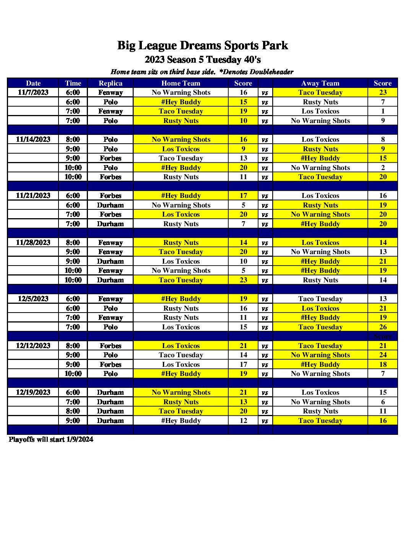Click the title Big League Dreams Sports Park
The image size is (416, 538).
[x=203, y=45]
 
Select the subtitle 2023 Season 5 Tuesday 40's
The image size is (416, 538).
[x=203, y=60]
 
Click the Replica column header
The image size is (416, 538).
[x=110, y=83]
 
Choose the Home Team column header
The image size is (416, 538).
[x=181, y=83]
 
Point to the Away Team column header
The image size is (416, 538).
[x=320, y=83]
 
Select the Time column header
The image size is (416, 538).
[x=73, y=83]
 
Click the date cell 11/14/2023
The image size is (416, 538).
[x=33, y=139]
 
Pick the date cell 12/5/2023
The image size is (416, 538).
[x=33, y=299]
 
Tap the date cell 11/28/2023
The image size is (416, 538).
[x=33, y=243]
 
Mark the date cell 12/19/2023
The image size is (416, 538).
[x=33, y=392]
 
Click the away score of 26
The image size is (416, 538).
[x=383, y=327]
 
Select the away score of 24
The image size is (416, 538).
[x=383, y=355]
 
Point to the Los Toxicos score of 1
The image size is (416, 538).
[x=383, y=111]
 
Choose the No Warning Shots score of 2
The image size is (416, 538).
[x=383, y=168]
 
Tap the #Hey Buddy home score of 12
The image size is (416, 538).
[x=244, y=421]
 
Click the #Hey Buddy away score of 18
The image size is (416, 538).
[x=383, y=365]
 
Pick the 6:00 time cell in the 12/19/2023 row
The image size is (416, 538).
[x=73, y=392]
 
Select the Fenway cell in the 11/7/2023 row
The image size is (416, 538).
[x=110, y=92]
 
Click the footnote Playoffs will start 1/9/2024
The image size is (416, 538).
[x=51, y=439]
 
